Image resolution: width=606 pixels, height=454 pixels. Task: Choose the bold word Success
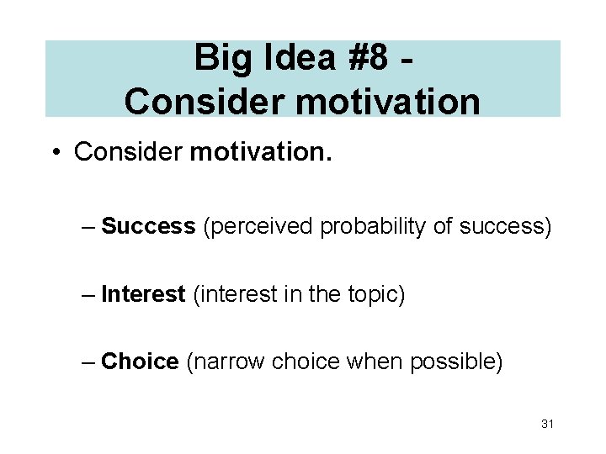click(148, 226)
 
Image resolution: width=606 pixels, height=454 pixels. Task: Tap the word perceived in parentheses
click(259, 226)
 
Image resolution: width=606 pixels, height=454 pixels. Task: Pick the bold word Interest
click(143, 294)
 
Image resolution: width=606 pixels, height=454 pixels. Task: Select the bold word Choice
click(140, 362)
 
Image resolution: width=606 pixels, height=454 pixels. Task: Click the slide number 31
click(547, 424)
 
